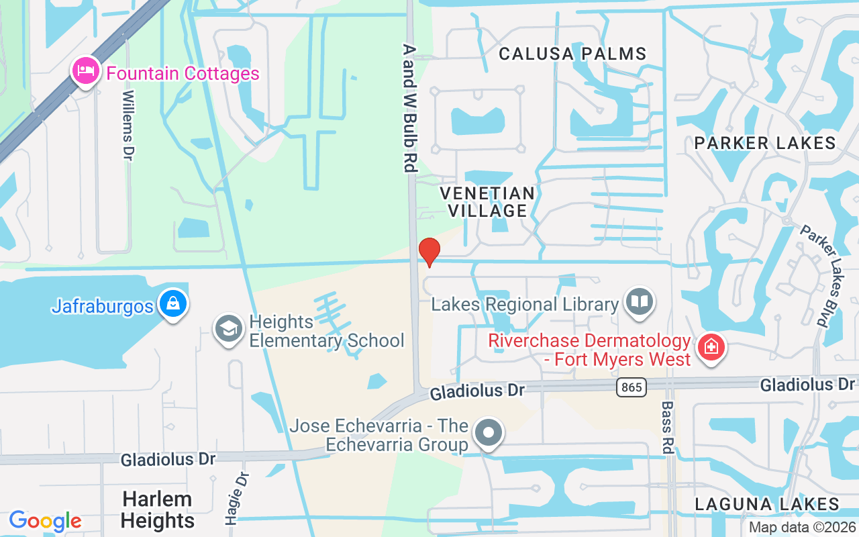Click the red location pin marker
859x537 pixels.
pos(429,252)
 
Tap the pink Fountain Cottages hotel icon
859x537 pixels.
pos(87,72)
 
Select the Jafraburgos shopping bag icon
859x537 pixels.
pos(173,305)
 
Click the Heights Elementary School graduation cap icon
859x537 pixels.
pos(228,330)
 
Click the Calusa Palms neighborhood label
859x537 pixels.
pos(572,54)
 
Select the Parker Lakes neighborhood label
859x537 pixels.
pos(765,142)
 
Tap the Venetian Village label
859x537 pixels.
pos(487,202)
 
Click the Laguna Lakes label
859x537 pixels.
pos(767,504)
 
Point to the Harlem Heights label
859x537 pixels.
pos(158,509)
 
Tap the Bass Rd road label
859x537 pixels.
pos(666,428)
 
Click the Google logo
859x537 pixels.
pos(45,521)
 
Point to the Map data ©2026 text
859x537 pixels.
pos(801,527)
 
